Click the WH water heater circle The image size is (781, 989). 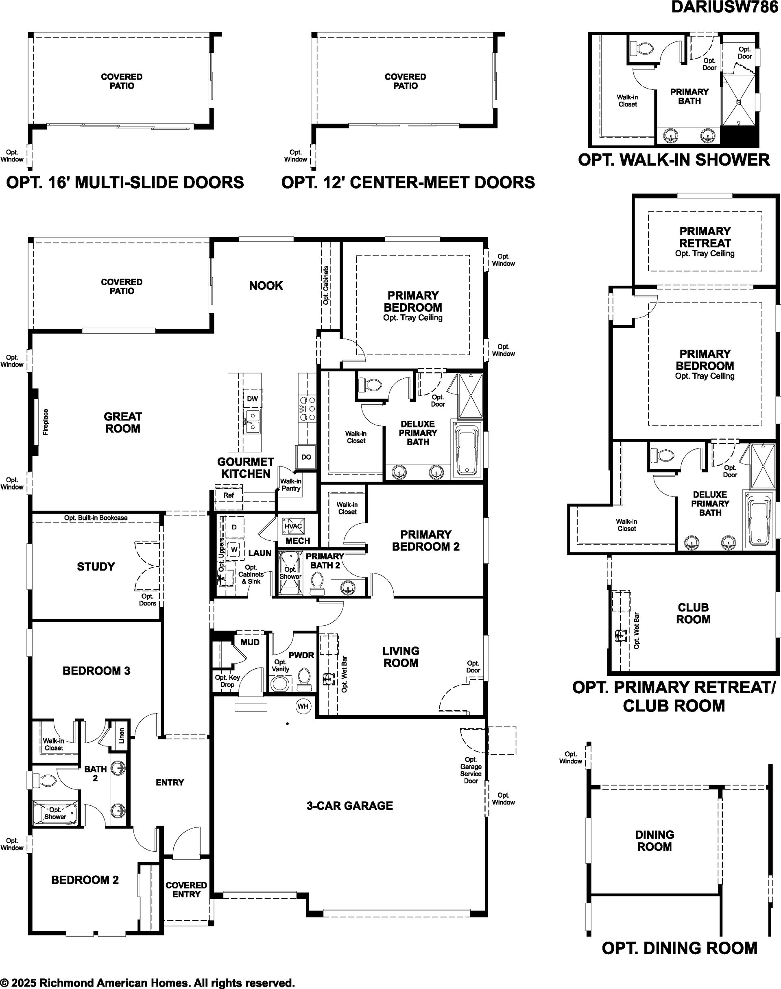(303, 706)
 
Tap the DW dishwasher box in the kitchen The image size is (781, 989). (253, 398)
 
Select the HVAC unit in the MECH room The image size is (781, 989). (293, 526)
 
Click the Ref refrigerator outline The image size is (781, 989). (229, 495)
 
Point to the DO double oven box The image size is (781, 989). (306, 457)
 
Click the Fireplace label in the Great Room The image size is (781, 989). (46, 422)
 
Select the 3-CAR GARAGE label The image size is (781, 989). (350, 806)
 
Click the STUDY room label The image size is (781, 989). (96, 566)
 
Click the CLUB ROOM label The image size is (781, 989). (693, 614)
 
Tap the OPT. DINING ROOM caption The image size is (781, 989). (679, 948)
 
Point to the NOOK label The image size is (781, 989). (266, 286)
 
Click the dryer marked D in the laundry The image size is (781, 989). (234, 527)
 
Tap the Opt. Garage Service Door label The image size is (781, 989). (471, 770)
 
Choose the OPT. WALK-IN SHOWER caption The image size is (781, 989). (674, 160)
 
